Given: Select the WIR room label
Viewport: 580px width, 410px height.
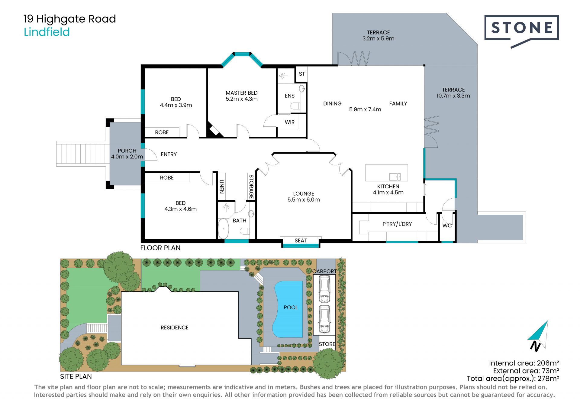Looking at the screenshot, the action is tap(289, 122).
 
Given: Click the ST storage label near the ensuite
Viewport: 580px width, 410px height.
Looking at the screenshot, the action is tap(302, 74).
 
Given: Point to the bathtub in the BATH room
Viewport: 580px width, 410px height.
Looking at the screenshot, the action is tap(223, 229).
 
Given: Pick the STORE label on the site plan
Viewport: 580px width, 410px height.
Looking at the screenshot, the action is tap(327, 344).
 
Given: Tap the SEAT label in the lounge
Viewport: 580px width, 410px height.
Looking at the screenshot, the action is tap(301, 240).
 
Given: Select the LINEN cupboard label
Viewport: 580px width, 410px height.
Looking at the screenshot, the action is tap(221, 187).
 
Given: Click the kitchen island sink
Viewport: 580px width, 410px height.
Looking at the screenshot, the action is tap(395, 177).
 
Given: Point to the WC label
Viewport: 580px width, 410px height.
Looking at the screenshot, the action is tap(447, 226).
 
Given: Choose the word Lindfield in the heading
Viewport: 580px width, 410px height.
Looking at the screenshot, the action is tap(47, 32).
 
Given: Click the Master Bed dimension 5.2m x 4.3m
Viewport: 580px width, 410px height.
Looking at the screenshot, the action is tap(242, 99).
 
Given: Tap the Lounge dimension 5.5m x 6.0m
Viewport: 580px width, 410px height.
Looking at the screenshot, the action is tap(304, 200).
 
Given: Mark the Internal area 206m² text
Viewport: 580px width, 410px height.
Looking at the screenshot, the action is tap(524, 363).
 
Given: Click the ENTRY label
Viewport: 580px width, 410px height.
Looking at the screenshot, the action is tap(169, 154).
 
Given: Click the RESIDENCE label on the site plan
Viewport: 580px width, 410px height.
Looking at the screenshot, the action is tap(174, 327).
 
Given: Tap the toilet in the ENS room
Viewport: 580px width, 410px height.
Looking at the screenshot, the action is tap(295, 106).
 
